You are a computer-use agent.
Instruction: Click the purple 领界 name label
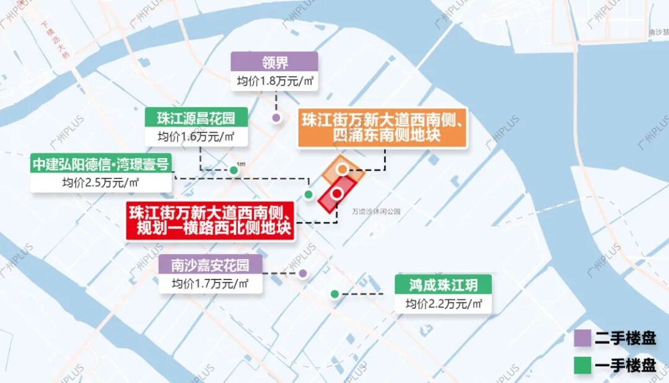pos(274,62)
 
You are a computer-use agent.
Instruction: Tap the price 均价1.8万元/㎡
pos(274,81)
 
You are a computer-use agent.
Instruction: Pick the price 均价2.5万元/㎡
pos(101,183)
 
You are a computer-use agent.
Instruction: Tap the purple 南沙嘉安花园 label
pos(210,265)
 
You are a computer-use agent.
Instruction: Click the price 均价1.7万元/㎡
pos(210,284)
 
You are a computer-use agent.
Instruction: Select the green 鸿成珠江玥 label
pos(443,285)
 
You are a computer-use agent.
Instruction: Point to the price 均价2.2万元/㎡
pos(443,304)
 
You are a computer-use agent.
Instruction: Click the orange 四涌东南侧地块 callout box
pos(382,127)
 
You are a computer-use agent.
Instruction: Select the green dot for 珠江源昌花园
pos(234,170)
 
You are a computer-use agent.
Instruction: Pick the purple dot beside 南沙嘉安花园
pos(303,273)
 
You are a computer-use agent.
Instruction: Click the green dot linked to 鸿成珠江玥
pos(334,294)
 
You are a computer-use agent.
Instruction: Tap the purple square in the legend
pos(582,338)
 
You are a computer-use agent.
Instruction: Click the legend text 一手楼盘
pos(625,366)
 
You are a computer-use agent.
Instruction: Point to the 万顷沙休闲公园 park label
pos(376,211)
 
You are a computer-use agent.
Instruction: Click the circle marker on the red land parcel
pos(337,193)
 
